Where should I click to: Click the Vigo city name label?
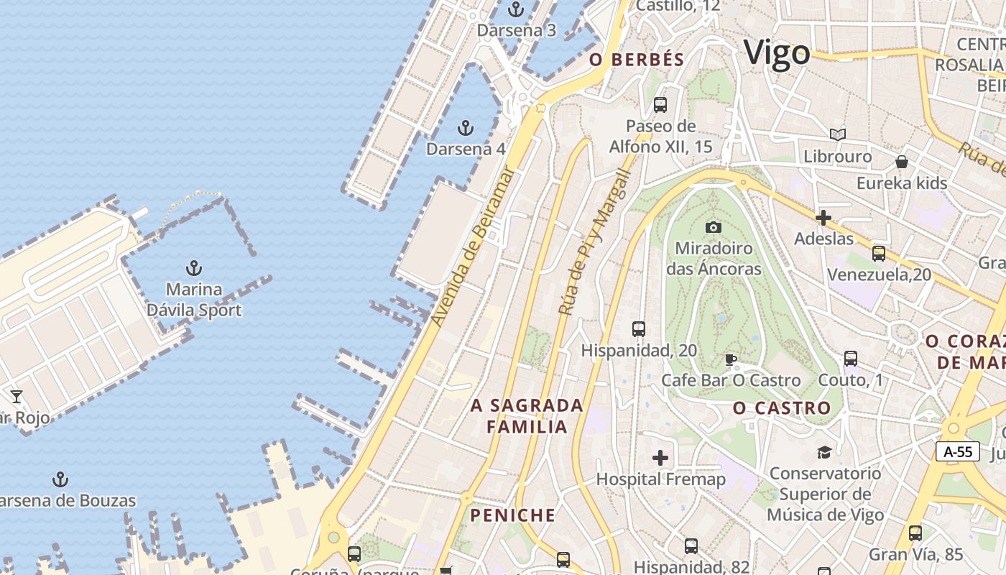point(777,53)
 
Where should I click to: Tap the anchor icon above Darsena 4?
point(466,129)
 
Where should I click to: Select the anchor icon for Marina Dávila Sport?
point(193,269)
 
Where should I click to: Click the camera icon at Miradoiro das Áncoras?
point(713,227)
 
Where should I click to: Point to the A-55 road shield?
point(957,451)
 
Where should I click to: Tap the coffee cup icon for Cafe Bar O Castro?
point(731,359)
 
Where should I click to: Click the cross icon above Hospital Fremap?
point(660,458)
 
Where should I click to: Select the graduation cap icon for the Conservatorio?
point(824,452)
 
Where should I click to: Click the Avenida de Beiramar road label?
point(474,247)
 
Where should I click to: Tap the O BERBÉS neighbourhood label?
point(637,60)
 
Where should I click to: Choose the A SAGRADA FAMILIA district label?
point(527,416)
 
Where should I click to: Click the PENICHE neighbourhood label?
point(512,515)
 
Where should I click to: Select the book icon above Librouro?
point(837,134)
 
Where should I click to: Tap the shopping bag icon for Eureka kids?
point(901,162)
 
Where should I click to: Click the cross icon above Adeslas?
point(823,217)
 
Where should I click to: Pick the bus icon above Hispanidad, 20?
point(638,329)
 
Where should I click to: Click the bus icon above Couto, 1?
point(851,358)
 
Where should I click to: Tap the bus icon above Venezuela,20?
point(878,253)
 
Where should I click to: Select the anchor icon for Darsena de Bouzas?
point(60,479)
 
